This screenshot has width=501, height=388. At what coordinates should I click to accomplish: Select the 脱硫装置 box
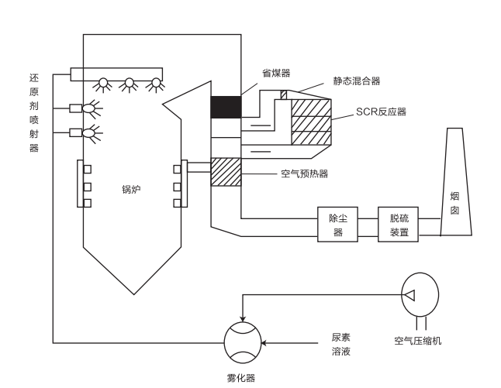(399, 225)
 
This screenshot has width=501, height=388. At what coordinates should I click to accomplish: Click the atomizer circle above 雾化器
(243, 342)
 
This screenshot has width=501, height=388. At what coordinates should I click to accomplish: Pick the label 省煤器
(275, 73)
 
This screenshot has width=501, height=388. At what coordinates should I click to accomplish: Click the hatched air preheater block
(226, 171)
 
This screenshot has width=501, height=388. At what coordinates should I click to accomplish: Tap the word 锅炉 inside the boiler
(130, 189)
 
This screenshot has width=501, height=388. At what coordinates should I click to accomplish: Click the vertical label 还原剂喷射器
(33, 113)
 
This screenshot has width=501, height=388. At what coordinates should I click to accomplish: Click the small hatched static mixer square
(284, 94)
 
